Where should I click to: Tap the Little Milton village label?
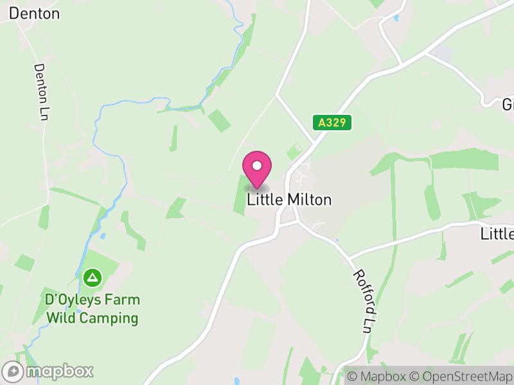289,200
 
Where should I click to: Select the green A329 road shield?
333,122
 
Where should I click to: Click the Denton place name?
35,13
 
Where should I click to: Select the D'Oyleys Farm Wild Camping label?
92,309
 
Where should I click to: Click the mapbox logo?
48,371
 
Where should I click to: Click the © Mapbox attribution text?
377,377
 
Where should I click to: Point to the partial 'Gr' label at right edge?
508,104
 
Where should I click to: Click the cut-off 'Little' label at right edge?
497,234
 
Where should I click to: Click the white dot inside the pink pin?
257,166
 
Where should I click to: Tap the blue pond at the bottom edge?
237,381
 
